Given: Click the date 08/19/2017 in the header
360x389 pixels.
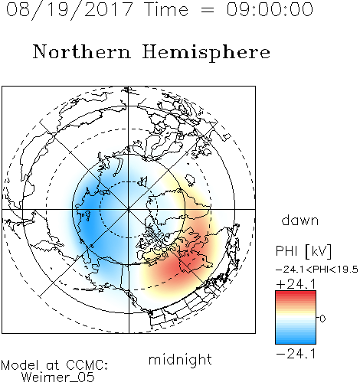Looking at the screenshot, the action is click(70, 10).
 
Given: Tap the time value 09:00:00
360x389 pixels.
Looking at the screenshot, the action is click(270, 9).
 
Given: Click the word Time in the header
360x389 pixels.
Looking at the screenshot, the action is click(166, 9).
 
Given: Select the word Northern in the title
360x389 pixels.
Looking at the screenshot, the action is click(82, 51).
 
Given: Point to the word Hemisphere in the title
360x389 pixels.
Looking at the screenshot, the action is click(206, 53).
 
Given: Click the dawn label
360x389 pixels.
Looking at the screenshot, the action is click(300, 220).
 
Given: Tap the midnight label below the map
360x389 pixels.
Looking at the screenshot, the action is click(180, 359).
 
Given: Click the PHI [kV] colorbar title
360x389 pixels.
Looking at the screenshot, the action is click(303, 251).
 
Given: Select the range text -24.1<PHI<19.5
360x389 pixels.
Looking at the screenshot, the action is click(317, 270).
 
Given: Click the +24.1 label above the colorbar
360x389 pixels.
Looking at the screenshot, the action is click(296, 284).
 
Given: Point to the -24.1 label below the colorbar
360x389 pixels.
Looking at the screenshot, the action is click(296, 354).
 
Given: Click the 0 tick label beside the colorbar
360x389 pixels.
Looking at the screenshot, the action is click(322, 319).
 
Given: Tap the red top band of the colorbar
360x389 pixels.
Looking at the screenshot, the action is click(296, 293).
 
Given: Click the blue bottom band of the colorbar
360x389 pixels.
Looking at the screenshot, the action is click(296, 341).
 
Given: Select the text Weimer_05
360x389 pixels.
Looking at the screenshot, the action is click(58, 378).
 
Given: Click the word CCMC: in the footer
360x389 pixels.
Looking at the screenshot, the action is click(87, 365).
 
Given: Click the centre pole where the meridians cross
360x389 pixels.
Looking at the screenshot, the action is click(129, 209).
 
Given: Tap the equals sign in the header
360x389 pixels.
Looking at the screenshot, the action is click(208, 11).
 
